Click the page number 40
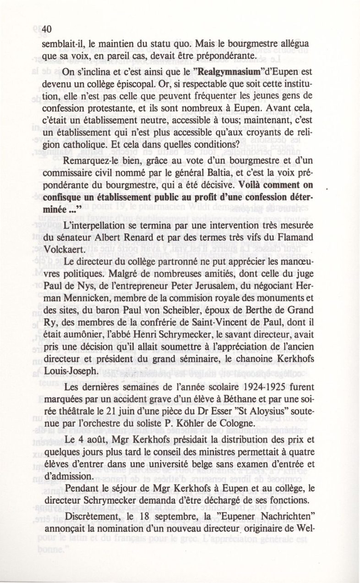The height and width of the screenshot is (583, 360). pos(48,29)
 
